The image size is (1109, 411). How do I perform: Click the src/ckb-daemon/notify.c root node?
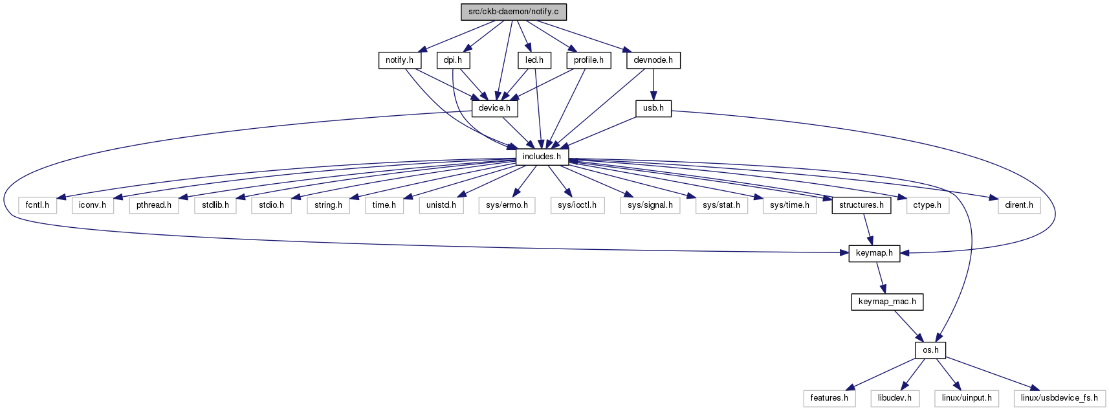[x=513, y=12]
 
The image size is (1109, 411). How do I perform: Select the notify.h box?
[x=399, y=60]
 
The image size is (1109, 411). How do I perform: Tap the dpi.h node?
[x=453, y=60]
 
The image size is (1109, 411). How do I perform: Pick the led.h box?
[x=534, y=60]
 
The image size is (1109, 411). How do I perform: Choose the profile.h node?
[x=589, y=60]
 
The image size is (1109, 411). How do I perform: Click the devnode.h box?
[x=653, y=60]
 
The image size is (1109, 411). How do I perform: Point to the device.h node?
[x=494, y=109]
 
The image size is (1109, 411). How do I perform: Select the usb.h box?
[x=653, y=109]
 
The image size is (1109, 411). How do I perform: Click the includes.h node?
[x=542, y=157]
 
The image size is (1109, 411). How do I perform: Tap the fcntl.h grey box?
[x=38, y=205]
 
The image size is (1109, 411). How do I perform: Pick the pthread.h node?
[x=154, y=205]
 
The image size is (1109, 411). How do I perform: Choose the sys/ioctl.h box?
[x=578, y=205]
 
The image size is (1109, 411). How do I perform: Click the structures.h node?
[x=861, y=205]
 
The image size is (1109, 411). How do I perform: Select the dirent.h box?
[x=1019, y=205]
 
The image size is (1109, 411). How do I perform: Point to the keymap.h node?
[x=874, y=254]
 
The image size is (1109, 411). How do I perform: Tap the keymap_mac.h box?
[x=887, y=302]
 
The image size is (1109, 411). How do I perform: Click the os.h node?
[x=931, y=350]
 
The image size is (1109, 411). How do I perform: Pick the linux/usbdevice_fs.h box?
[x=1059, y=398]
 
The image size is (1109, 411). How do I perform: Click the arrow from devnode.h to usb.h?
[x=653, y=85]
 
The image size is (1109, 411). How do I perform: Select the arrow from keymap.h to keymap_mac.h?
[x=881, y=278]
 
